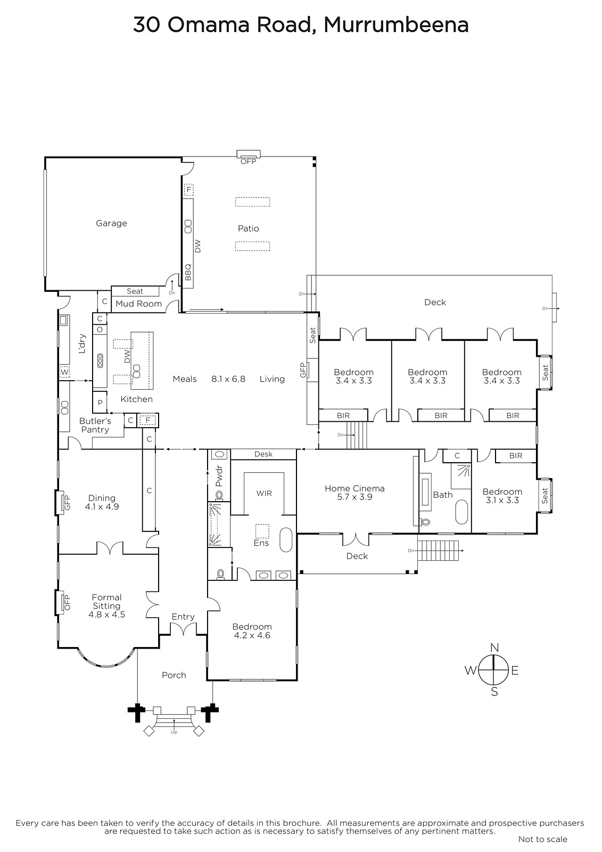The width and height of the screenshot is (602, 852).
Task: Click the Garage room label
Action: [111, 223]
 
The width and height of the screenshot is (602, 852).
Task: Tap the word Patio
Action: [249, 228]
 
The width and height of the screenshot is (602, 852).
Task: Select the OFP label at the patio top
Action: [249, 161]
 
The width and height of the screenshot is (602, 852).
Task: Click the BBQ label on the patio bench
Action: [188, 272]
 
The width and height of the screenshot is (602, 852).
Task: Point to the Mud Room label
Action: [139, 304]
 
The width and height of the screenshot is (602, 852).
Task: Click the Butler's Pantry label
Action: [95, 425]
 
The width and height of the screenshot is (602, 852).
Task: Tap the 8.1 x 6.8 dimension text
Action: [228, 379]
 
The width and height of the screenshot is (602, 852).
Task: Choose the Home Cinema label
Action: [354, 488]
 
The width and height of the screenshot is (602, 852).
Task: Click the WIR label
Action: [264, 493]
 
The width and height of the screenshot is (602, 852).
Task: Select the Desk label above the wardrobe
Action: [263, 454]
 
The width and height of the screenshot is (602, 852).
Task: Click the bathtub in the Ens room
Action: [286, 539]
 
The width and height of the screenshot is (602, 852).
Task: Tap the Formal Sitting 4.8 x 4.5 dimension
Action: [106, 615]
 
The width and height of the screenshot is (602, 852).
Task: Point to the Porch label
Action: [174, 675]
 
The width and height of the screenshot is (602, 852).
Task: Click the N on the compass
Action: [494, 648]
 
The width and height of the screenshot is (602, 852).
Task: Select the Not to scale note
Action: [543, 839]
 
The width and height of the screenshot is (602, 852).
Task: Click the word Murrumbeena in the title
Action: [396, 25]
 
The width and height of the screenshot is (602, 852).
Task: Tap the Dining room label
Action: [102, 498]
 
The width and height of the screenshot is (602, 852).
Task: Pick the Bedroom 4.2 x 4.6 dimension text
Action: [252, 635]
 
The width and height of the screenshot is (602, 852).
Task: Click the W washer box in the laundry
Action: [64, 372]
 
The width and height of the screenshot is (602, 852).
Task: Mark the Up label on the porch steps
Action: [174, 732]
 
